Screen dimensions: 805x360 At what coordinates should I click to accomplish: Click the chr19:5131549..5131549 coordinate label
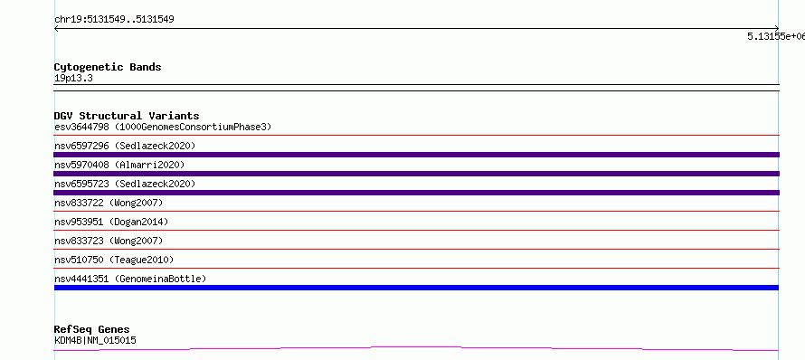[x=114, y=20]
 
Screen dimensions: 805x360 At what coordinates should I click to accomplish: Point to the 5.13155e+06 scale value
[x=776, y=36]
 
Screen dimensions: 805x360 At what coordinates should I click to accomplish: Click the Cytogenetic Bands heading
[x=108, y=67]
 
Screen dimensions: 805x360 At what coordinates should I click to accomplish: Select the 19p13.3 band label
[x=73, y=79]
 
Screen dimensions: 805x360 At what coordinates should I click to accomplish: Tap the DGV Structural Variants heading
[x=127, y=116]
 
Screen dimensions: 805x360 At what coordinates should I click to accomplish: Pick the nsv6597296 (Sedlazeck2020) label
[x=125, y=146]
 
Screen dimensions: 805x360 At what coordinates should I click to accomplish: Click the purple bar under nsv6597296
[x=416, y=155]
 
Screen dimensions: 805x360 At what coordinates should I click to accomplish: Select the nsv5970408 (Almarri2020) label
[x=119, y=165]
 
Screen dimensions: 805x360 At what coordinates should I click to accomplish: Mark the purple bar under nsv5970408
[x=416, y=174]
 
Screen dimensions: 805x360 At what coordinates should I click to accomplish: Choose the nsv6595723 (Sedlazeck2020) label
[x=125, y=184]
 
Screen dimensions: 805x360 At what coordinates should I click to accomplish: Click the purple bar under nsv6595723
[x=416, y=193]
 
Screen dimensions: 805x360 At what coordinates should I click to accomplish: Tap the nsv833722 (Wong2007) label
[x=109, y=203]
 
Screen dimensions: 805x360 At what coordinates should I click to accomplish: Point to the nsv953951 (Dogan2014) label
[x=111, y=222]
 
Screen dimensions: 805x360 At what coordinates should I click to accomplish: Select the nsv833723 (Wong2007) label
[x=109, y=241]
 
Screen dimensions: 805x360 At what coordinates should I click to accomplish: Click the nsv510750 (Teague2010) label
[x=114, y=260]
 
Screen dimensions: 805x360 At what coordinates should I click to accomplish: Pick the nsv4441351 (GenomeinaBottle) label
[x=130, y=279]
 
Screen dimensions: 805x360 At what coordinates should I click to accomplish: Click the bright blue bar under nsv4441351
[x=416, y=288]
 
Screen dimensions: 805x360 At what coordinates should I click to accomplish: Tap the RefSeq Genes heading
[x=91, y=329]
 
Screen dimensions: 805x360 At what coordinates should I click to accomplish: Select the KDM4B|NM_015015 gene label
[x=95, y=340]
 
